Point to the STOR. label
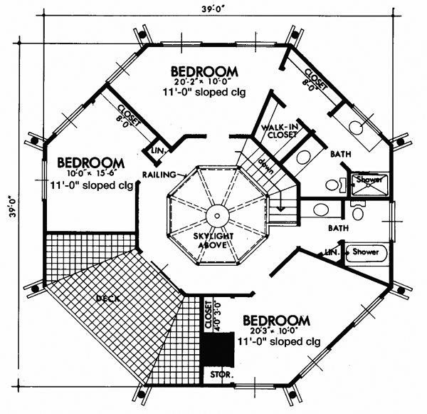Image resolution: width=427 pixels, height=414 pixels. tap(216, 373)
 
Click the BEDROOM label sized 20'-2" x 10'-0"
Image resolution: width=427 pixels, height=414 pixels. tap(204, 71)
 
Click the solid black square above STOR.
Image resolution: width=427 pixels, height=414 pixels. tap(217, 348)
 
